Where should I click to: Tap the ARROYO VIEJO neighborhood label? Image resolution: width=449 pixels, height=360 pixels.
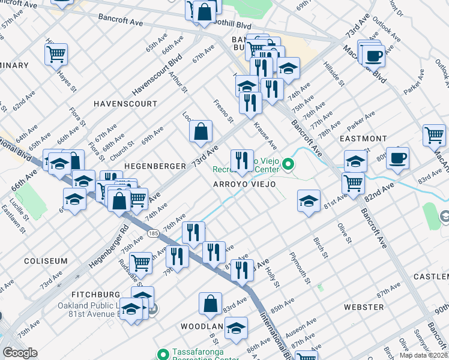pyautogui.click(x=245, y=184)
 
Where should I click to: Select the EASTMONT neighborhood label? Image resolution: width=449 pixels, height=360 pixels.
pyautogui.click(x=363, y=139)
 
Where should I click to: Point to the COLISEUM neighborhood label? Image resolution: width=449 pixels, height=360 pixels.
pyautogui.click(x=46, y=261)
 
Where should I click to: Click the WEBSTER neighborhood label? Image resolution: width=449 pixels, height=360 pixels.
pyautogui.click(x=364, y=307)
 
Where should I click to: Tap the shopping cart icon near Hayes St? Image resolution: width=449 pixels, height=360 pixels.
pyautogui.click(x=56, y=55)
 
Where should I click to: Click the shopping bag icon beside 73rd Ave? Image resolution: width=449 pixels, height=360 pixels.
pyautogui.click(x=200, y=131)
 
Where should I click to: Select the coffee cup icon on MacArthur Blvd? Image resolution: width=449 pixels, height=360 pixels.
pyautogui.click(x=374, y=56)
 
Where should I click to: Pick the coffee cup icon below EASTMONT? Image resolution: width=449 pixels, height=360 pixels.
pyautogui.click(x=397, y=158)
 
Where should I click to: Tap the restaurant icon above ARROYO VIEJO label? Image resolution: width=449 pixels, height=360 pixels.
pyautogui.click(x=241, y=160)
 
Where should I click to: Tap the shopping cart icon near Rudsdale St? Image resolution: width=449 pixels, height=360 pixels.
pyautogui.click(x=140, y=262)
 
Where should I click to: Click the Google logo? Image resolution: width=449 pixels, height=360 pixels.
pyautogui.click(x=20, y=352)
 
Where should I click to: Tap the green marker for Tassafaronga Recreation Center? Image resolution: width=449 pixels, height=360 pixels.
pyautogui.click(x=161, y=353)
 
